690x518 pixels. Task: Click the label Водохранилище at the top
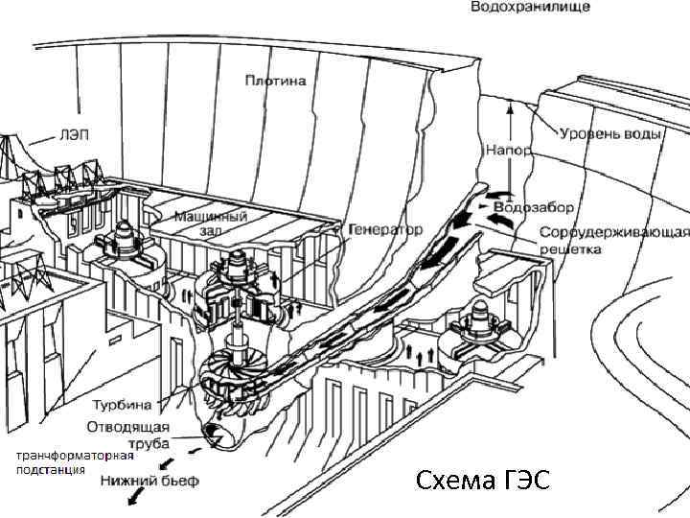[529, 7]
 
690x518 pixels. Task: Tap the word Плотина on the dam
[275, 82]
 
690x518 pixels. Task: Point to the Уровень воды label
[610, 133]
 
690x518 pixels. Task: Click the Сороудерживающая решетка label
[613, 241]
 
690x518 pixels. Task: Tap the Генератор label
[385, 231]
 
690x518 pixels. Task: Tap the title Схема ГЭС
[483, 481]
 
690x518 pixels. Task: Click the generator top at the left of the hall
[126, 237]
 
